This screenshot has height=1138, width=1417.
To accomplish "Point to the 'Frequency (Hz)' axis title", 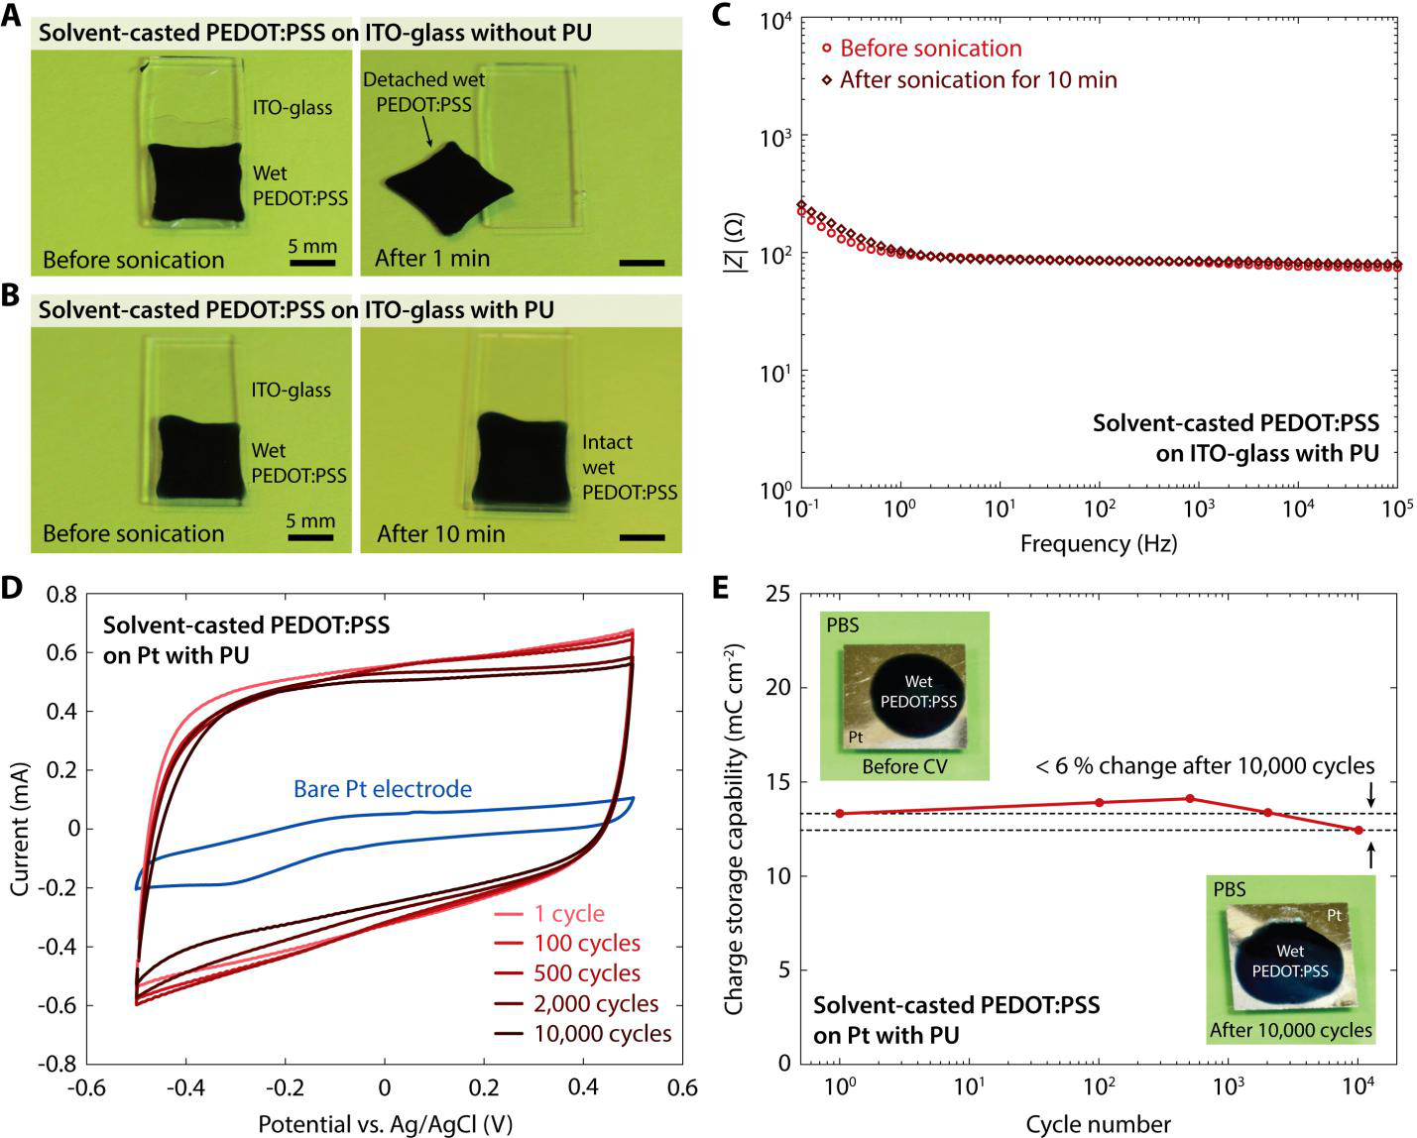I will tap(1098, 543).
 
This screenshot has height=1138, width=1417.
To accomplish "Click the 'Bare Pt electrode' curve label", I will tap(383, 789).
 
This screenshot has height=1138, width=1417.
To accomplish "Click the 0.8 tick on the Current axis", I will tap(61, 595).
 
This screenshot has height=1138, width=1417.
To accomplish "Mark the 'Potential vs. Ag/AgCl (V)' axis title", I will tap(385, 1124).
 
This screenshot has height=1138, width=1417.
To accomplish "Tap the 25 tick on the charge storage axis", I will tap(778, 595).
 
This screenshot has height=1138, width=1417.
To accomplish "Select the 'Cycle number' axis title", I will tap(1098, 1124).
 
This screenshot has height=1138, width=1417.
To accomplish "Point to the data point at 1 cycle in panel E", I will tap(840, 814).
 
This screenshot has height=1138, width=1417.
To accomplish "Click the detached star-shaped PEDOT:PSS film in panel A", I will tap(448, 188).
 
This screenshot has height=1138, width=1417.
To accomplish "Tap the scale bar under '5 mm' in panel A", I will tap(312, 264).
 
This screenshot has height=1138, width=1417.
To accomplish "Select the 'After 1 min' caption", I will tap(432, 259).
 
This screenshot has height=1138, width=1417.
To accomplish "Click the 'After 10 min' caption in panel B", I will tap(440, 534).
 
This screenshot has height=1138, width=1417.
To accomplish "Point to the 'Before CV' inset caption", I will tap(904, 766).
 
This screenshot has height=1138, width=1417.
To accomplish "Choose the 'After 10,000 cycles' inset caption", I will tap(1290, 1030).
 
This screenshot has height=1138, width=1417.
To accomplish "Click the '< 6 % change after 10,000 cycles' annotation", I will tap(1205, 766).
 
